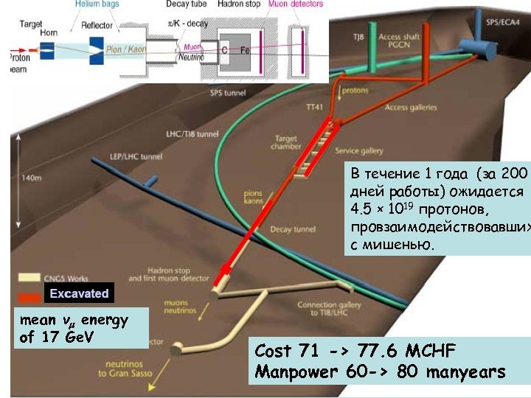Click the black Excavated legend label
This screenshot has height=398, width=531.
click(79, 294)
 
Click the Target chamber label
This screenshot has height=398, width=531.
click(287, 142)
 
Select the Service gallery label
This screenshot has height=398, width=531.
click(359, 151)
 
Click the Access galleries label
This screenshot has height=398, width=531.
click(411, 108)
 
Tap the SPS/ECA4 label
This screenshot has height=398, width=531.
click(502, 23)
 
